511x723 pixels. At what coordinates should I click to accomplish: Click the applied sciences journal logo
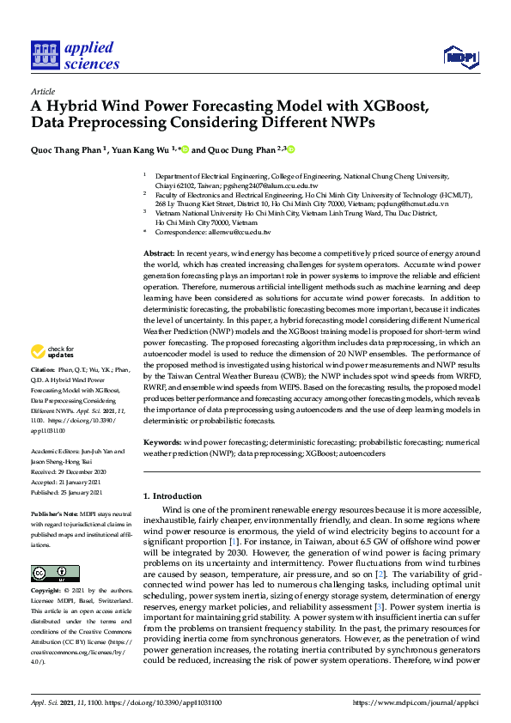click(75, 54)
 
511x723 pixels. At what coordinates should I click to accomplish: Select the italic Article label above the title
click(43, 91)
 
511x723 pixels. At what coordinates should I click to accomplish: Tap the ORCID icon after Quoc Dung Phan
click(291, 149)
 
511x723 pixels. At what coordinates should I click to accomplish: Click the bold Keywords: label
click(161, 442)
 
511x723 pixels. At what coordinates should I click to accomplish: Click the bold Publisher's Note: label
click(57, 509)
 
